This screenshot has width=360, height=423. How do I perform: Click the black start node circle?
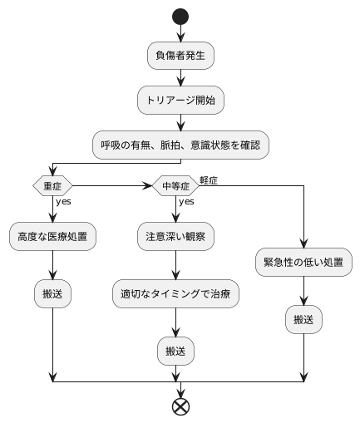click(x=180, y=15)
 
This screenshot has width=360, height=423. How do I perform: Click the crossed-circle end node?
click(x=180, y=406)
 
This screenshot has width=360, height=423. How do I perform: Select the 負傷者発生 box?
click(x=180, y=56)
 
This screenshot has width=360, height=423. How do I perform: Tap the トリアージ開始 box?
click(x=180, y=101)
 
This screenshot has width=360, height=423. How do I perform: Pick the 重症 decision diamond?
click(x=52, y=184)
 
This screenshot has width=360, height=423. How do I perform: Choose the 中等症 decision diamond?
click(x=175, y=184)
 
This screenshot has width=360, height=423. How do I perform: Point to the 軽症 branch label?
click(x=209, y=180)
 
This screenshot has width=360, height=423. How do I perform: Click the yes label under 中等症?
click(x=186, y=201)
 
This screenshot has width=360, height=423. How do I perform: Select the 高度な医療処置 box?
click(x=52, y=236)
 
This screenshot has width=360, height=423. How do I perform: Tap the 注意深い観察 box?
click(x=175, y=236)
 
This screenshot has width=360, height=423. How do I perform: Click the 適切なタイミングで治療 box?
click(x=175, y=293)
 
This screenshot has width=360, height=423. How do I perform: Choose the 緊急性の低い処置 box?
click(x=303, y=262)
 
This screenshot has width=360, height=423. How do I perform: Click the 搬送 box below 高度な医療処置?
click(x=52, y=293)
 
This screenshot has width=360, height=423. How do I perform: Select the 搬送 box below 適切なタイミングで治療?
click(x=175, y=351)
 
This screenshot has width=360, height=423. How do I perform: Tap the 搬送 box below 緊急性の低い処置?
click(x=303, y=319)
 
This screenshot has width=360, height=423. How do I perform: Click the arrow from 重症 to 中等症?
click(x=112, y=184)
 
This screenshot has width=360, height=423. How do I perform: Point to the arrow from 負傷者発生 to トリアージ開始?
click(x=180, y=78)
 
